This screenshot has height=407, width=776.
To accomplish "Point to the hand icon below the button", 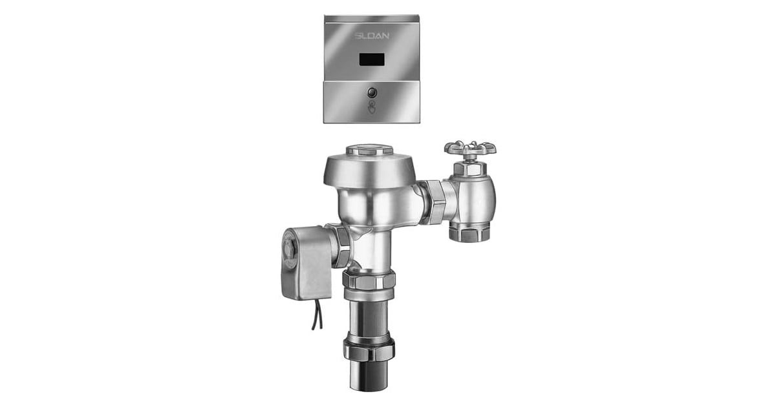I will point(371,108).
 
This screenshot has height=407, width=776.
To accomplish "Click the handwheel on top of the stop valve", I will point(470,149).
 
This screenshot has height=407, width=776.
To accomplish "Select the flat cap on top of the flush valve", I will point(369,150).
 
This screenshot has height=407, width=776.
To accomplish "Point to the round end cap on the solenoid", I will point(288,249).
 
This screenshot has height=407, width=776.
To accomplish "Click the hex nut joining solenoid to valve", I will point(341,245).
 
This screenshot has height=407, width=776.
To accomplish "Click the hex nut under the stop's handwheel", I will point(470,169).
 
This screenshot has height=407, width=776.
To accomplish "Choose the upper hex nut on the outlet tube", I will point(369,280).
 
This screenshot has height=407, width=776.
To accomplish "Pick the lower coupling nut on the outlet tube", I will point(369,349).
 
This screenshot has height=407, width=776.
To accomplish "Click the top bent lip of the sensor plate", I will point(371,19).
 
